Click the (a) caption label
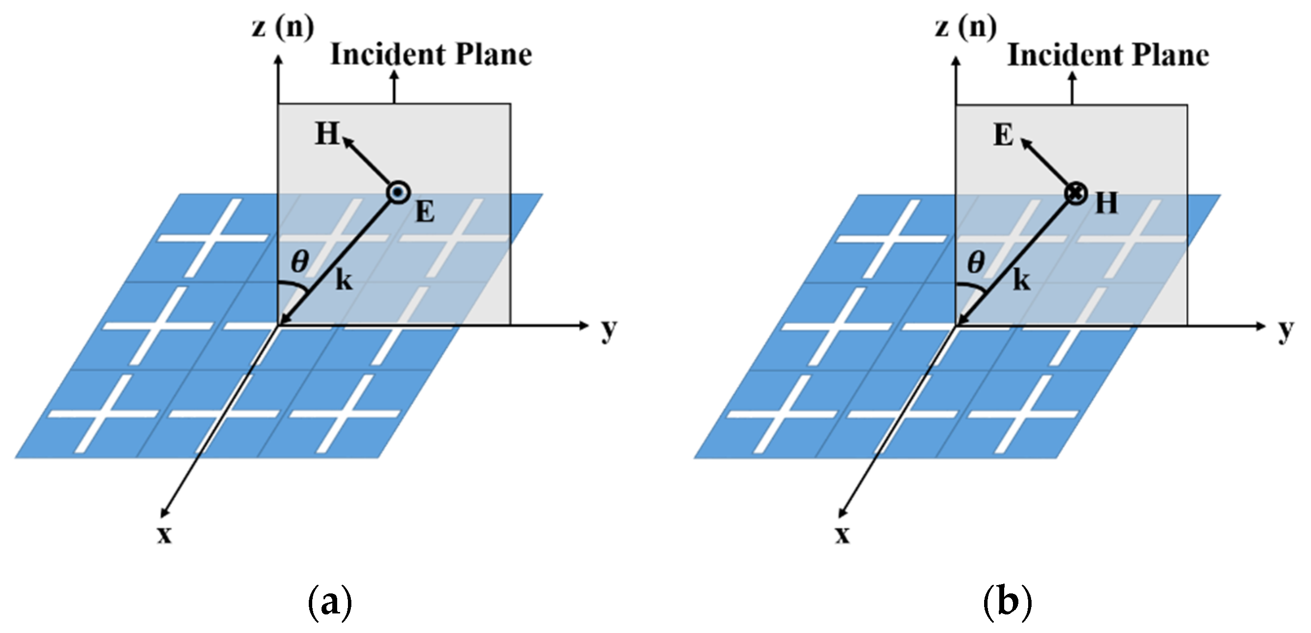tap(330, 602)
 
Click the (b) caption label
tap(1007, 602)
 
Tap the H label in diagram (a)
tap(327, 134)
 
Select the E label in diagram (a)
tap(425, 212)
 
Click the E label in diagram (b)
tap(1004, 135)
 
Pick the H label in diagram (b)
tap(1106, 203)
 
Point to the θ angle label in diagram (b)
tap(976, 263)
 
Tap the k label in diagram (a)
tap(344, 280)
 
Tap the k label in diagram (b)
tap(1021, 280)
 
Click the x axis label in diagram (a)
tap(164, 535)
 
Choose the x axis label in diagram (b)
tap(842, 535)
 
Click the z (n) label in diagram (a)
tap(283, 26)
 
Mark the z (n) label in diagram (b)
tap(966, 26)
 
